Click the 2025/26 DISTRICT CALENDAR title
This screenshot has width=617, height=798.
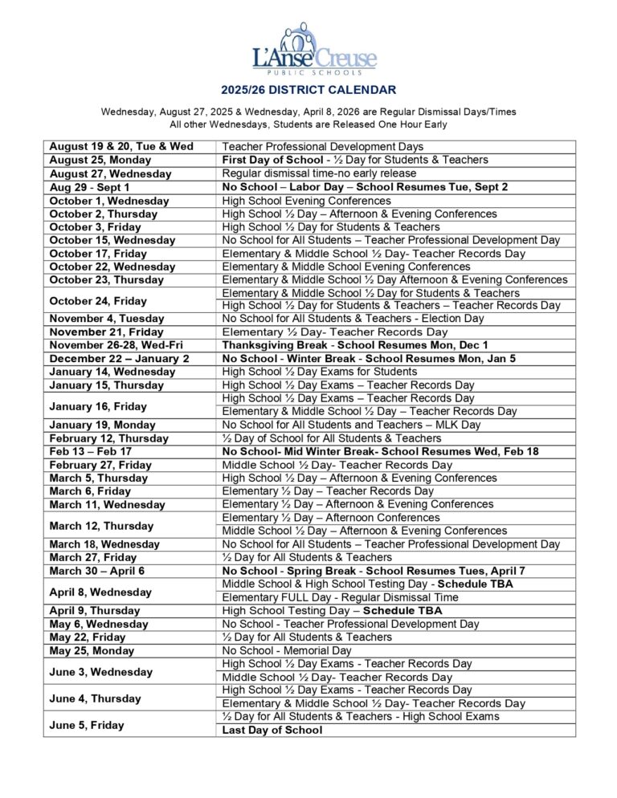pos(308,91)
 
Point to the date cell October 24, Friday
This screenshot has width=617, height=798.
pos(98,300)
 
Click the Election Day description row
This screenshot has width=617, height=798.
pos(353,319)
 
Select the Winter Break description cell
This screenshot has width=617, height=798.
pos(369,359)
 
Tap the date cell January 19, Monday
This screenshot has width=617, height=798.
pos(103,425)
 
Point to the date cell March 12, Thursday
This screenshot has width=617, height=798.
pos(101,525)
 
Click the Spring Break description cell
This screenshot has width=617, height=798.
pos(374,571)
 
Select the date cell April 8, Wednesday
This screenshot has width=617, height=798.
pos(100,592)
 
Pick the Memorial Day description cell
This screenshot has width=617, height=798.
pos(287,650)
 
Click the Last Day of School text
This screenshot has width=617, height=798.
pos(272,730)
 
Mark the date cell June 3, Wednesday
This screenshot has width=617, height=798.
pos(100,671)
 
